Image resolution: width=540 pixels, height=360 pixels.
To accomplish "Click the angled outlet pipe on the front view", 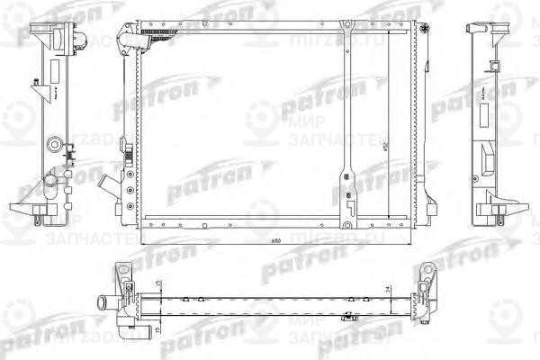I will click(111, 185).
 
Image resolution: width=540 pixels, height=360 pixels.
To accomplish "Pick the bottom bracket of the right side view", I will click(495, 212).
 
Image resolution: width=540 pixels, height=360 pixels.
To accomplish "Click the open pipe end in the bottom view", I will click(101, 301).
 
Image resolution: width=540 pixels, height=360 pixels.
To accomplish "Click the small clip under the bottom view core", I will click(347, 316).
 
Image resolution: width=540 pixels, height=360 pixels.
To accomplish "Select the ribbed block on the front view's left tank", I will click(129, 166).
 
